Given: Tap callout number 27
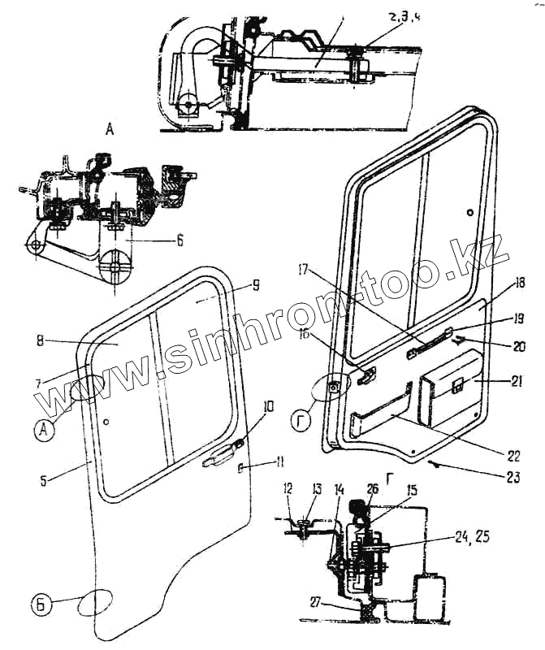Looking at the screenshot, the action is pyautogui.click(x=314, y=601).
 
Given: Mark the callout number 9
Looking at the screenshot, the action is pyautogui.click(x=256, y=285).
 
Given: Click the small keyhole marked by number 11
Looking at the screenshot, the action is pyautogui.click(x=240, y=467).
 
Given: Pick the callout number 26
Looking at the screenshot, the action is pyautogui.click(x=372, y=489).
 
